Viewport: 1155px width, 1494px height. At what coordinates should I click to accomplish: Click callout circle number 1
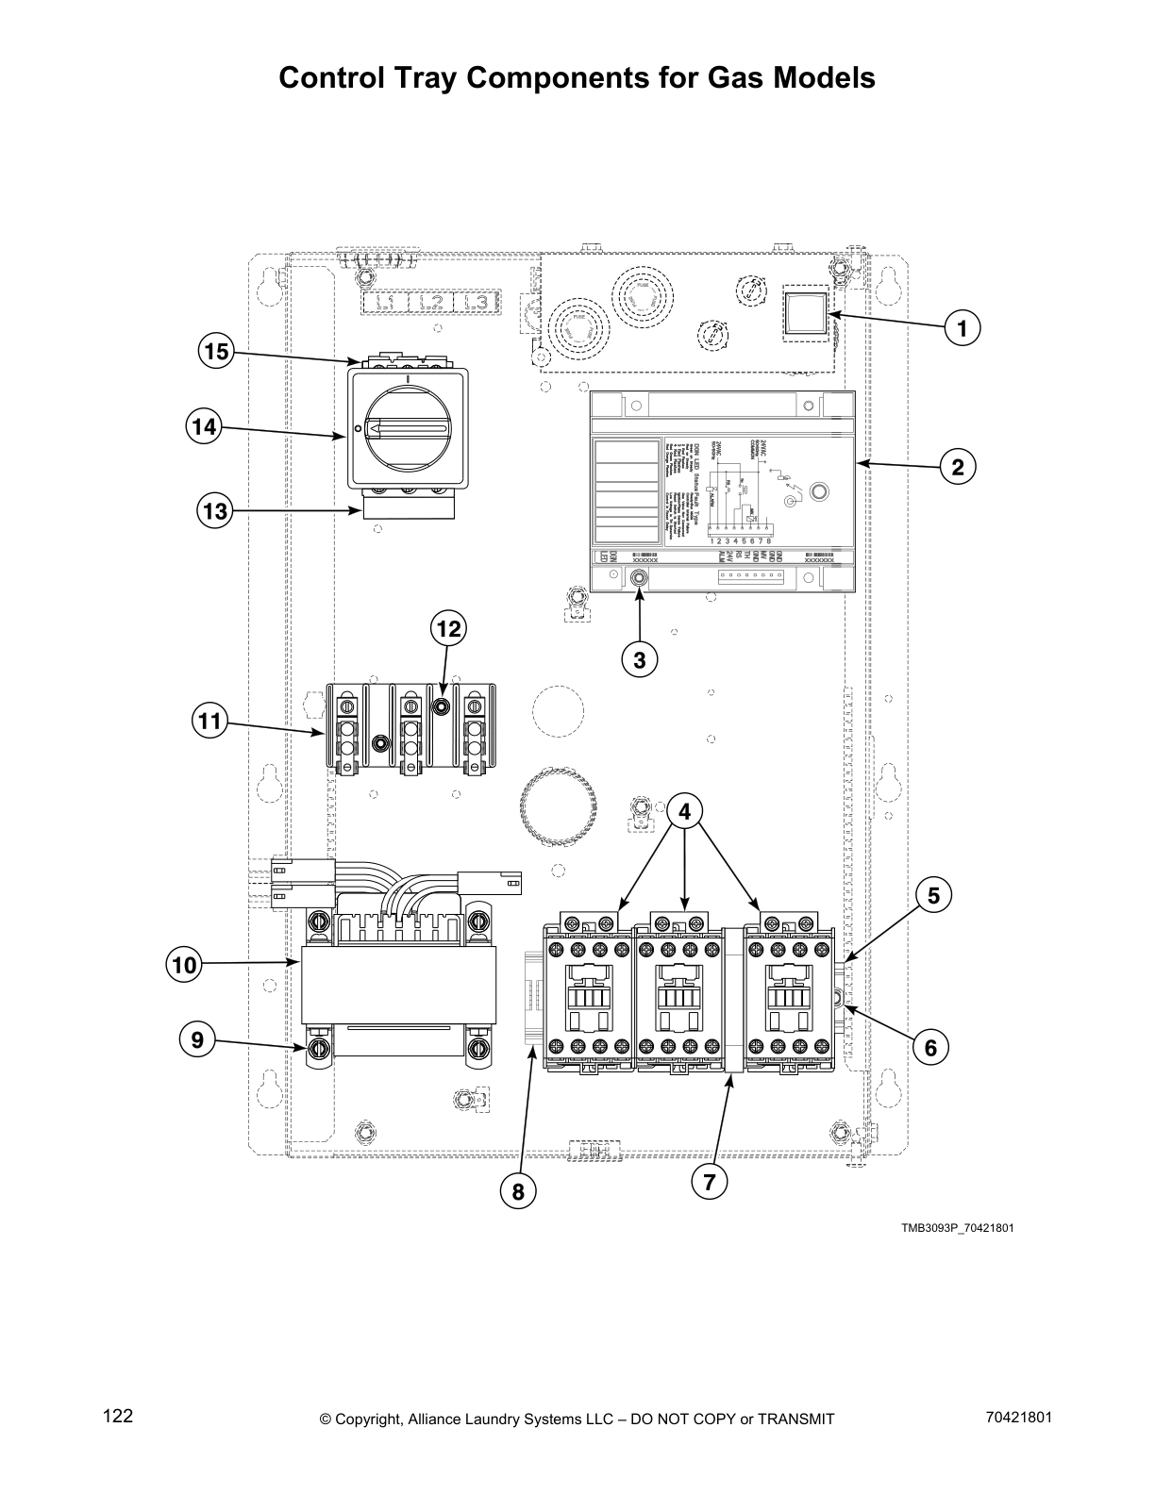click(962, 329)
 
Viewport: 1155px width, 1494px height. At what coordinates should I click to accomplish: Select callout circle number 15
click(216, 352)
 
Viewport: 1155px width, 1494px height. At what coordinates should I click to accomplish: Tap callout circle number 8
click(517, 1192)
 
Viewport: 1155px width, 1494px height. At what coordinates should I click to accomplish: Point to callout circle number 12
click(450, 628)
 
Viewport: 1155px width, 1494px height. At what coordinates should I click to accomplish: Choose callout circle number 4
click(685, 810)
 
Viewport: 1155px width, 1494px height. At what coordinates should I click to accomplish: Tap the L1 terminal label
click(384, 303)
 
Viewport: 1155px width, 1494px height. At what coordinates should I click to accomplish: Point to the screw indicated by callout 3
click(639, 578)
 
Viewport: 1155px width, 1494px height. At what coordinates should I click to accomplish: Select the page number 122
click(118, 1416)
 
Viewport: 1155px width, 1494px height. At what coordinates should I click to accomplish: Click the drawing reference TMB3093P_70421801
click(957, 1228)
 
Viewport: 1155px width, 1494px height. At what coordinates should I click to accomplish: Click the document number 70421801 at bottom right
click(1018, 1416)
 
